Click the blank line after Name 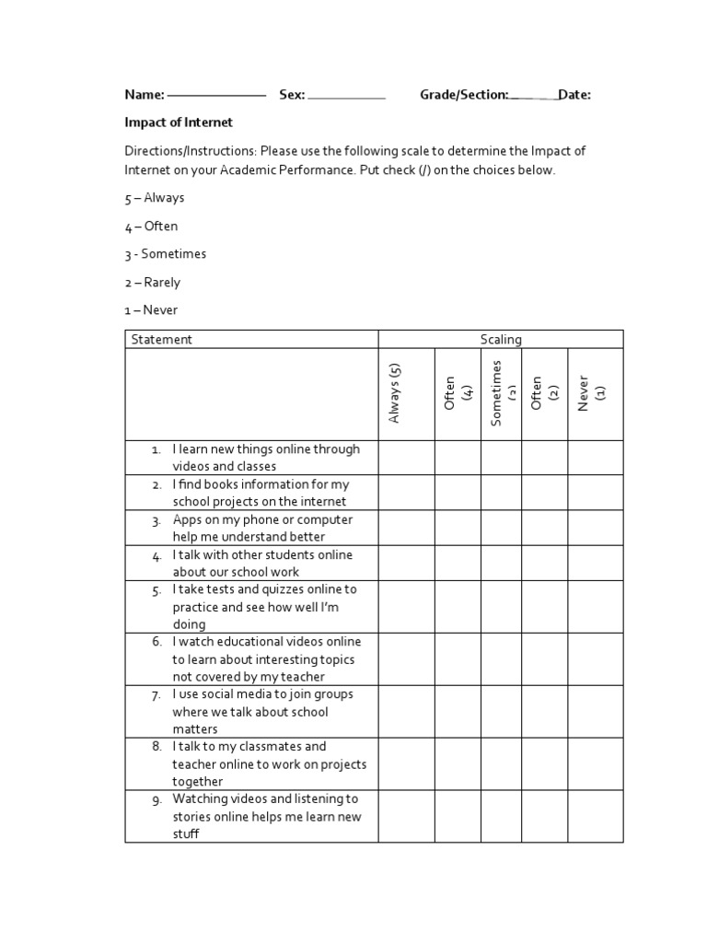pyautogui.click(x=216, y=96)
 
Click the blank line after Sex pyautogui.click(x=346, y=96)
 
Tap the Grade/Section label pyautogui.click(x=464, y=95)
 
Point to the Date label pyautogui.click(x=574, y=95)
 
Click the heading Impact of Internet pyautogui.click(x=179, y=122)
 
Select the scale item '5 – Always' pyautogui.click(x=155, y=198)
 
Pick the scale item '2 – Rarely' pyautogui.click(x=153, y=283)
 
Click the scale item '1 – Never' pyautogui.click(x=151, y=310)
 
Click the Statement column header pyautogui.click(x=162, y=340)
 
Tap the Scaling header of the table pyautogui.click(x=501, y=340)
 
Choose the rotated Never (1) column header pyautogui.click(x=590, y=393)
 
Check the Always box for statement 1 pyautogui.click(x=406, y=458)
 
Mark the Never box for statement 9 pyautogui.click(x=595, y=817)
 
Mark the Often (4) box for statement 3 pyautogui.click(x=458, y=528)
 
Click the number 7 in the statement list pyautogui.click(x=156, y=695)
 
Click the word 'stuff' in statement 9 pyautogui.click(x=186, y=834)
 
